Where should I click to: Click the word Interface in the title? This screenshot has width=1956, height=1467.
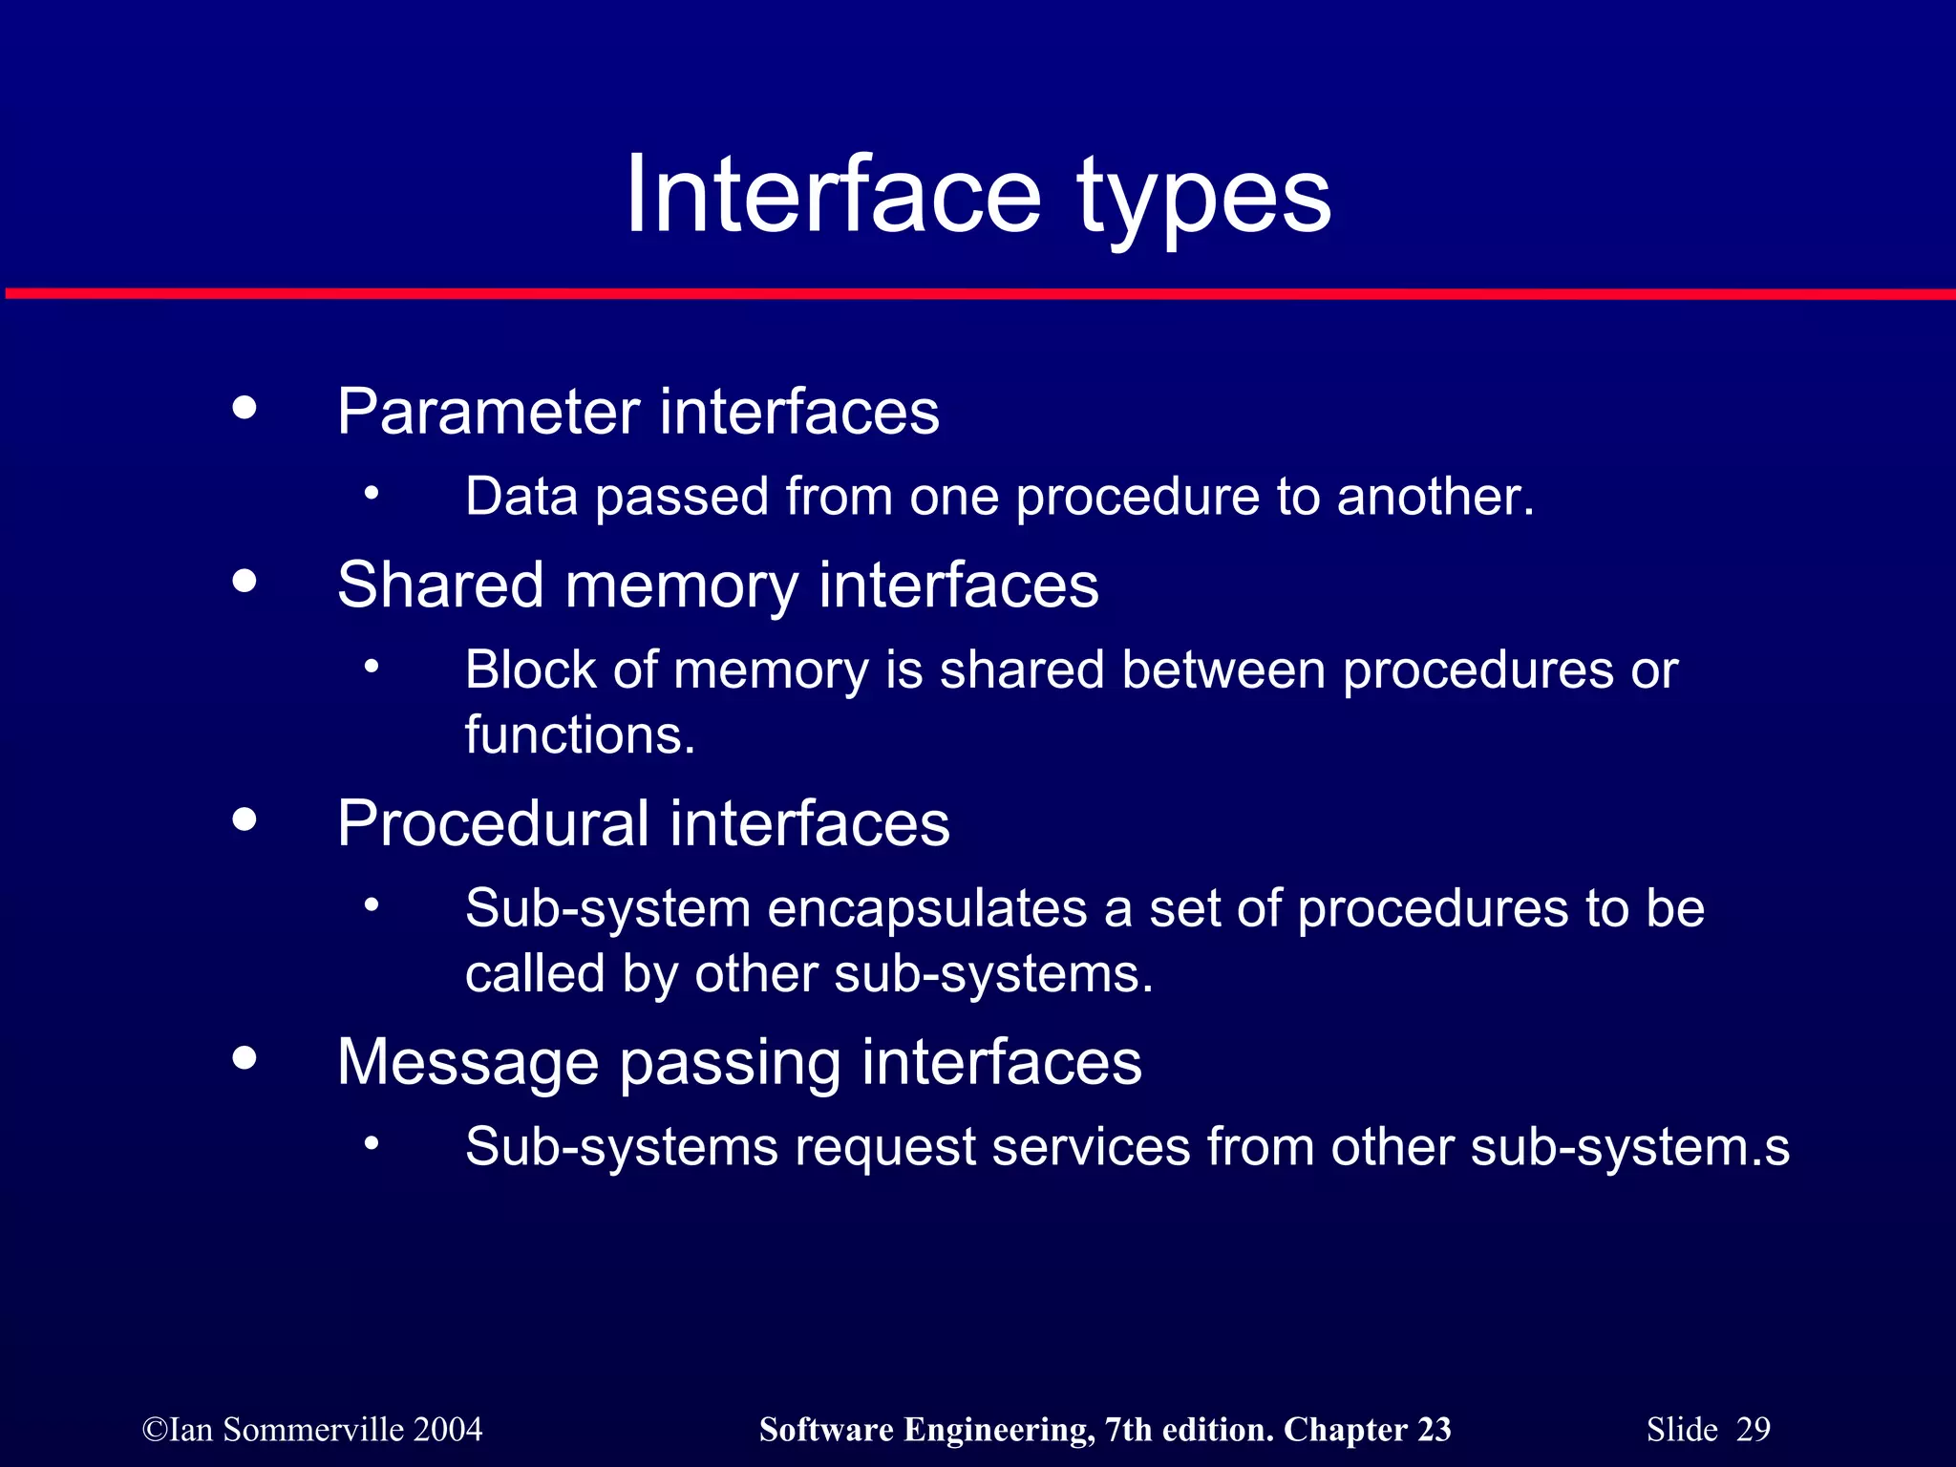click(x=831, y=196)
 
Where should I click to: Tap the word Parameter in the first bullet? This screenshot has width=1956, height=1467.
click(x=488, y=413)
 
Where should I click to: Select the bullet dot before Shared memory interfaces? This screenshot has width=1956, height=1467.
click(x=244, y=581)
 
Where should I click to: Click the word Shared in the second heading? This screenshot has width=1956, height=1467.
click(x=440, y=585)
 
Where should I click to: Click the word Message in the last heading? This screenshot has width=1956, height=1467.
click(x=467, y=1062)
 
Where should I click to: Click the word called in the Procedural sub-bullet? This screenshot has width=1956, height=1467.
click(x=535, y=974)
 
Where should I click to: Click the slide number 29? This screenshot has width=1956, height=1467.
click(x=1753, y=1430)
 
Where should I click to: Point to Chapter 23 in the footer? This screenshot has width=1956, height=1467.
click(x=1367, y=1430)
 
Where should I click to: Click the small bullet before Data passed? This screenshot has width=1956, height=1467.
click(x=372, y=494)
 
